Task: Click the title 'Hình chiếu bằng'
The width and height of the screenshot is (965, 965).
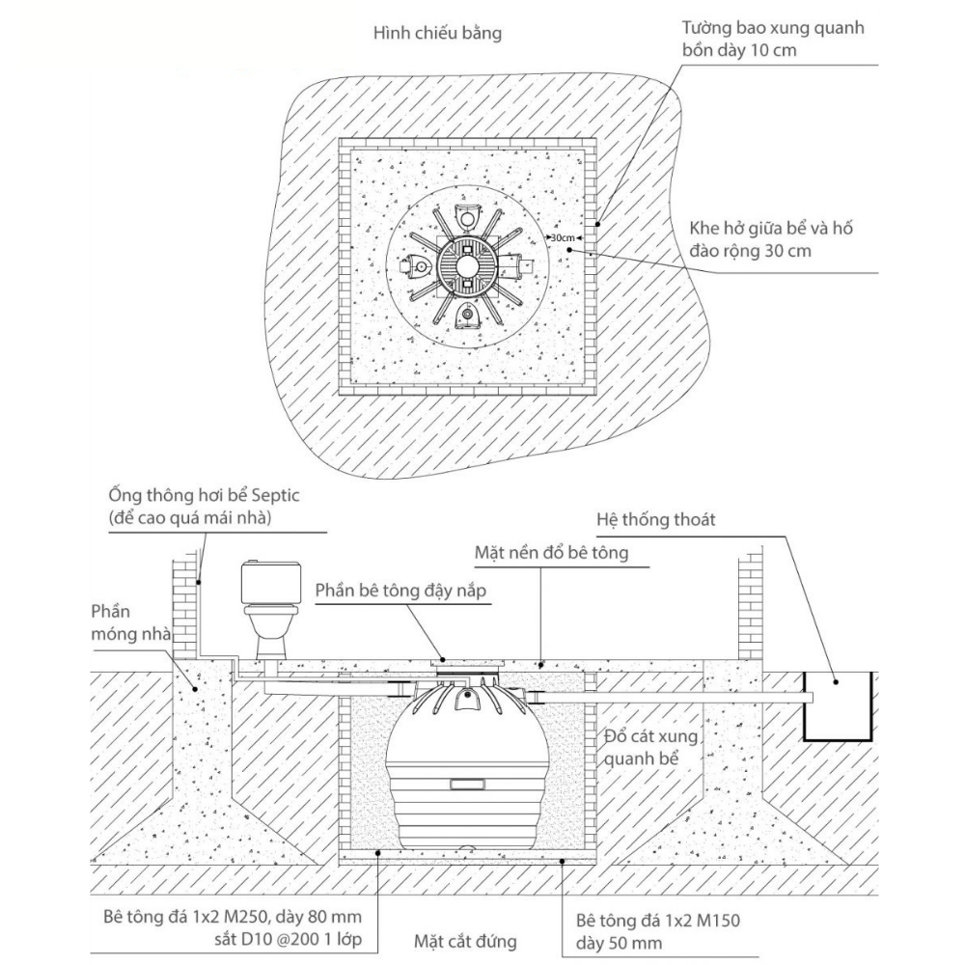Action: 437,33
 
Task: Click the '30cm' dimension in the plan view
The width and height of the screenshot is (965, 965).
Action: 563,237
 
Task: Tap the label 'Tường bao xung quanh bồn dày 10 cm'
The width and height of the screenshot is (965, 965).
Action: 772,39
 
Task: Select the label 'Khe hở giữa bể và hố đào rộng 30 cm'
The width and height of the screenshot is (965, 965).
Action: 770,239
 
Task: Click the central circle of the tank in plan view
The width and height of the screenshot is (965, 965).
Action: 466,266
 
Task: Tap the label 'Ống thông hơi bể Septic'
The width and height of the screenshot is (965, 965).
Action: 204,495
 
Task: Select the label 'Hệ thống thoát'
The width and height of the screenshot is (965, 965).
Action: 656,520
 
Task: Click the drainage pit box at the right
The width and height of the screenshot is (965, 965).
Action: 838,705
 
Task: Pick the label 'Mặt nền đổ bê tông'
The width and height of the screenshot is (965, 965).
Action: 551,553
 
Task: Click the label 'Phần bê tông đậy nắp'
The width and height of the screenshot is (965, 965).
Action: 400,591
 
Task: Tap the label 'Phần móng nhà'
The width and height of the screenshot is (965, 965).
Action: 130,622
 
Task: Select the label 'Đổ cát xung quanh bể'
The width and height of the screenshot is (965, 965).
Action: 651,748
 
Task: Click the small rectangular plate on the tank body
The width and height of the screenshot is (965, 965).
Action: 466,785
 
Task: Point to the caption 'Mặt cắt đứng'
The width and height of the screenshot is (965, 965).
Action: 465,941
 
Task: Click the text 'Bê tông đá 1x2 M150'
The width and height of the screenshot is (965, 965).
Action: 658,921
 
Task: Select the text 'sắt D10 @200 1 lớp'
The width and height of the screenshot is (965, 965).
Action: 288,940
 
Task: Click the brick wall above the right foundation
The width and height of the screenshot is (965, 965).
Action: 750,606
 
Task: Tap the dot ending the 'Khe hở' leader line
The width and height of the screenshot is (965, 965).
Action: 570,249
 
